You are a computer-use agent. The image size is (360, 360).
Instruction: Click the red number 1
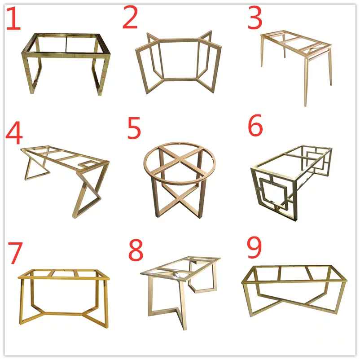[13, 18]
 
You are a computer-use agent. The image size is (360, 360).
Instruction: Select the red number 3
[255, 18]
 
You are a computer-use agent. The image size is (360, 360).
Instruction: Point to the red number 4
[14, 134]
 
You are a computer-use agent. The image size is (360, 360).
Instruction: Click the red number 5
[134, 128]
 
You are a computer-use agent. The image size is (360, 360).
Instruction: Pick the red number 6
[255, 125]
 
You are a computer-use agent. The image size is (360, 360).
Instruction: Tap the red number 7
[15, 253]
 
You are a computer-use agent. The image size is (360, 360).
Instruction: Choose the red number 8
[136, 250]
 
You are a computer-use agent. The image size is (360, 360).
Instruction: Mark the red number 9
[255, 247]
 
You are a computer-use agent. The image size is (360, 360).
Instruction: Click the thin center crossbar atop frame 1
[66, 44]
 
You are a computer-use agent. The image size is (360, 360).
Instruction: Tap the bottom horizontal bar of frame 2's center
[180, 79]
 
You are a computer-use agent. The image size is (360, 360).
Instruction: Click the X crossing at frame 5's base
[180, 201]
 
